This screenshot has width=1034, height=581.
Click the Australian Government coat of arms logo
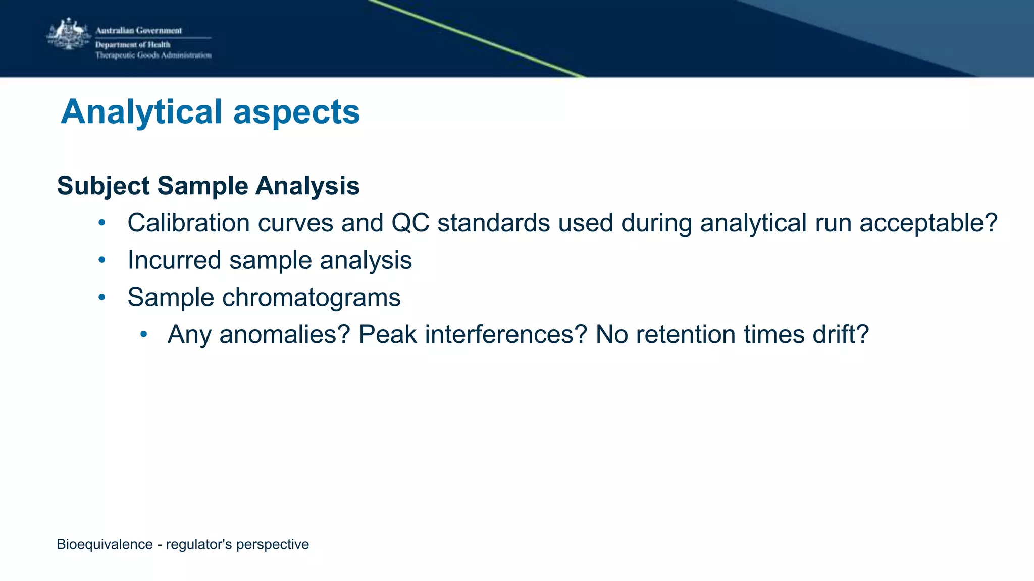(x=69, y=34)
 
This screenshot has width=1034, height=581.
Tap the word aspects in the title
(x=296, y=112)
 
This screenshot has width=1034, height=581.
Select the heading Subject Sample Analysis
(x=208, y=186)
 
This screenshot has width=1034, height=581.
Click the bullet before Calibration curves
(x=102, y=223)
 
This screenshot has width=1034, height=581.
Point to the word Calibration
(x=188, y=223)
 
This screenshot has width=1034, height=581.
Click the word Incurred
(x=174, y=260)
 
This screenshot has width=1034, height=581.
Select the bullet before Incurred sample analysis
(x=102, y=260)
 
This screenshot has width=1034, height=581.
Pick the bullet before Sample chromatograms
(x=102, y=298)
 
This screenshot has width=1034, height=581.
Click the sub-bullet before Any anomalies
(x=144, y=334)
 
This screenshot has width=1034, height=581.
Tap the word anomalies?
(x=285, y=334)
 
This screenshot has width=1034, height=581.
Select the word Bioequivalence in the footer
(x=105, y=544)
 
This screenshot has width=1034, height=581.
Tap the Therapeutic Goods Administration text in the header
(x=153, y=55)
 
